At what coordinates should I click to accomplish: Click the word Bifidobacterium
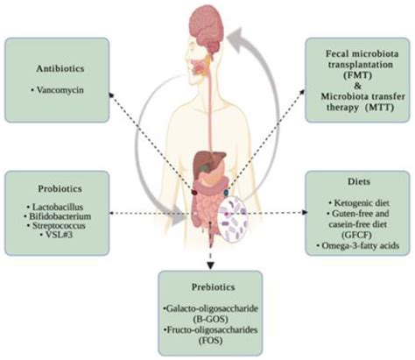click(x=60, y=215)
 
